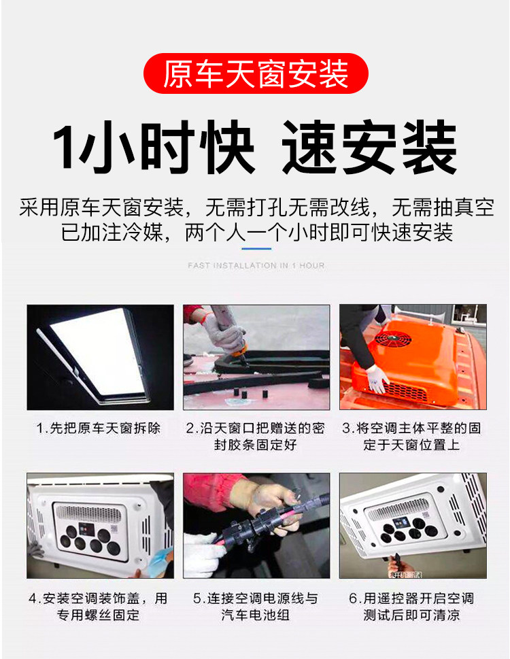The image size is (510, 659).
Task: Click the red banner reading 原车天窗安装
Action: pos(256,73)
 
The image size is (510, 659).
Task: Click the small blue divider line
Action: pos(256,248)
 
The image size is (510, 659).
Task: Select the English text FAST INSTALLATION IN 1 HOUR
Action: pos(256,266)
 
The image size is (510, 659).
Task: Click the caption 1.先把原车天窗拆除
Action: pos(99,428)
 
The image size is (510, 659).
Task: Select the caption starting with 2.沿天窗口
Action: pos(256,436)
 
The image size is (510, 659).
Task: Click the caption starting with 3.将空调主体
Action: pos(411,436)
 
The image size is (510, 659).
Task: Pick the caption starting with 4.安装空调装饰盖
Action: pos(99,607)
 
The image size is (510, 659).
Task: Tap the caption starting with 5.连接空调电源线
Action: pos(256,607)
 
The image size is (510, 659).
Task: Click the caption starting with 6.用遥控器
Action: pos(411,607)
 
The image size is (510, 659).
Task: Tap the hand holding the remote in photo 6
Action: pos(396,564)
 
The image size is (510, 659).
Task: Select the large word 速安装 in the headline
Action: pos(369,147)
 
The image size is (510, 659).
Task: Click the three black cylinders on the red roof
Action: pos(250,394)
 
